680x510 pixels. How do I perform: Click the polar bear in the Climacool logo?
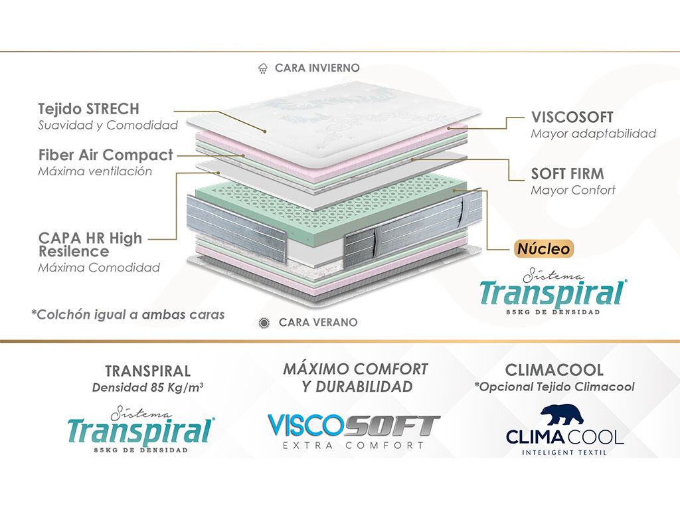click(x=562, y=415)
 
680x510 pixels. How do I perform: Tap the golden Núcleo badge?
click(x=544, y=249)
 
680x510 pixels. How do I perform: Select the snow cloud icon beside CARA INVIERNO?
click(x=263, y=68)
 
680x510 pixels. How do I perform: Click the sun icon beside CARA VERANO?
click(x=264, y=323)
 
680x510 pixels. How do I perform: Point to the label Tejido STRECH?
click(x=89, y=109)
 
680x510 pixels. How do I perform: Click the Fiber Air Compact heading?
click(x=106, y=155)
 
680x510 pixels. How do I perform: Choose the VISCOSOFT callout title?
click(x=572, y=117)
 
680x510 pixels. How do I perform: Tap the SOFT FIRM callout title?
click(x=568, y=174)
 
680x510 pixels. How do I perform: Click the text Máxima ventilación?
click(x=95, y=171)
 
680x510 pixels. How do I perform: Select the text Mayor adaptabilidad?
click(x=593, y=133)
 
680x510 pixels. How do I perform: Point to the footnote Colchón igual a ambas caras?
click(x=128, y=314)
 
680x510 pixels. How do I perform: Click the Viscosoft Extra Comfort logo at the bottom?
click(x=354, y=431)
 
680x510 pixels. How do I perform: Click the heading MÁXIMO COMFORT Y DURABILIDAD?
click(x=356, y=378)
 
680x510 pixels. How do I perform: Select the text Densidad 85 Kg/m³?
click(x=148, y=387)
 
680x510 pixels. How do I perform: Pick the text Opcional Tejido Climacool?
click(x=554, y=387)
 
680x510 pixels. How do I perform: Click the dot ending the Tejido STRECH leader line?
click(x=264, y=131)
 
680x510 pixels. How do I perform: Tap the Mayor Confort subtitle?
click(x=573, y=190)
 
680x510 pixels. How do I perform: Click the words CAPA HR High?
click(x=90, y=238)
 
